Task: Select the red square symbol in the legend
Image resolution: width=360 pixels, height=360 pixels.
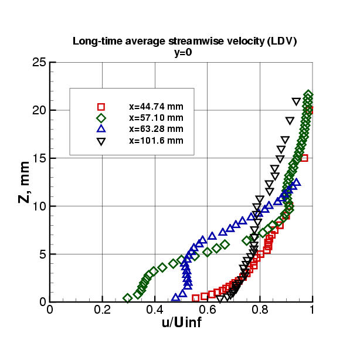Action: click(x=101, y=107)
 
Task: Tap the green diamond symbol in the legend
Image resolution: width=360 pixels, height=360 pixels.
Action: click(x=101, y=118)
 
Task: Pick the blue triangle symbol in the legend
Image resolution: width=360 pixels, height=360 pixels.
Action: click(x=101, y=129)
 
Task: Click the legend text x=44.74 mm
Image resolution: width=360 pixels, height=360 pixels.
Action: click(x=156, y=107)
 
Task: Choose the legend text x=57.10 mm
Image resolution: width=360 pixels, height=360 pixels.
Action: click(x=156, y=118)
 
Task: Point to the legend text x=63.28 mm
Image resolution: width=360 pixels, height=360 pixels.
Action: click(x=156, y=129)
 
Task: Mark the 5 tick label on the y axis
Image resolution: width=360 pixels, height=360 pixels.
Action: click(x=42, y=254)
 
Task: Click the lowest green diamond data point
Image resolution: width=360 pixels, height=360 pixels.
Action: click(x=127, y=298)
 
